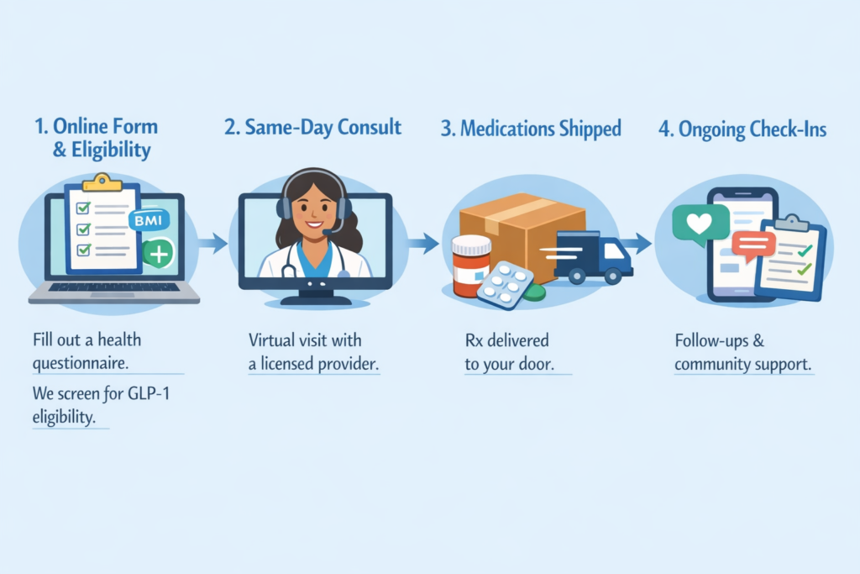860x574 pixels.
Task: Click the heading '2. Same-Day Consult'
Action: pyautogui.click(x=312, y=128)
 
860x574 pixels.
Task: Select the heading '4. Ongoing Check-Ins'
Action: pyautogui.click(x=742, y=129)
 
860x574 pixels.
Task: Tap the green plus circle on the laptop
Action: pyautogui.click(x=159, y=253)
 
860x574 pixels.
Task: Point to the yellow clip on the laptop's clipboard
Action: pyautogui.click(x=102, y=182)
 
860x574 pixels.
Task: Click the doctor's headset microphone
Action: pyautogui.click(x=327, y=231)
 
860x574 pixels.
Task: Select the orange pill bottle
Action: pyautogui.click(x=471, y=264)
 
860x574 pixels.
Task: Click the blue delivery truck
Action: pyautogui.click(x=593, y=255)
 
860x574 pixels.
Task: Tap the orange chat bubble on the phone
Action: pyautogui.click(x=752, y=245)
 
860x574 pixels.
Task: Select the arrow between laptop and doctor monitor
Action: pyautogui.click(x=213, y=244)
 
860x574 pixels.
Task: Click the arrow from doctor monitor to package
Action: pyautogui.click(x=423, y=244)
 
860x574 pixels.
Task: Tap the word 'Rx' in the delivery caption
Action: pyautogui.click(x=475, y=340)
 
